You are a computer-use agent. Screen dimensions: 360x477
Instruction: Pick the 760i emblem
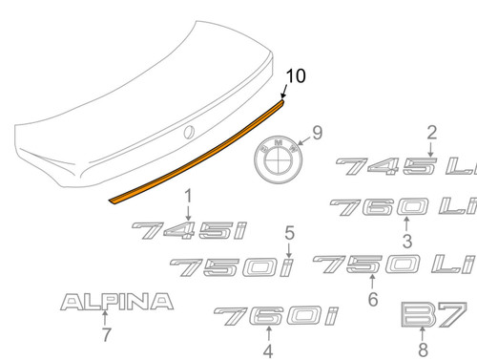[x=268, y=313]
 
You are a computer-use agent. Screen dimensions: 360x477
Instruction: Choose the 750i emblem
[x=230, y=269]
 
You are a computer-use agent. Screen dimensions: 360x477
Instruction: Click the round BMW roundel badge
[x=277, y=158]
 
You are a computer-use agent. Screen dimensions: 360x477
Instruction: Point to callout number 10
[x=295, y=74]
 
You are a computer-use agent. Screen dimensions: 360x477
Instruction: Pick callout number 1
[x=188, y=196]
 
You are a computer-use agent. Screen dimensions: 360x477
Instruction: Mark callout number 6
[x=372, y=300]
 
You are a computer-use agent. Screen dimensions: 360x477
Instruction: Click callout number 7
[x=105, y=338]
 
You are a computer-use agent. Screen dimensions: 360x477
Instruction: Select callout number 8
[x=423, y=349]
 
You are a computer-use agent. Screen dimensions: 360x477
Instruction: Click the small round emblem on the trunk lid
[x=189, y=131]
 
